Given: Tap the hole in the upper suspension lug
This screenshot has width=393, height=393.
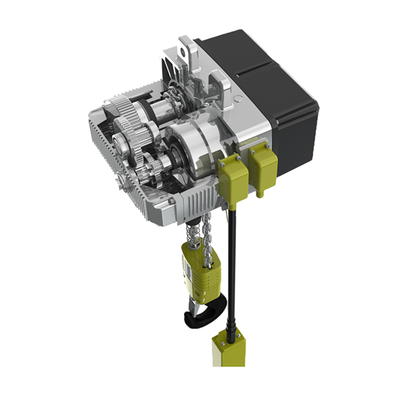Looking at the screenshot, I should (x=183, y=51).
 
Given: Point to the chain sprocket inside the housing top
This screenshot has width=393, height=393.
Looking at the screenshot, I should (x=173, y=100).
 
